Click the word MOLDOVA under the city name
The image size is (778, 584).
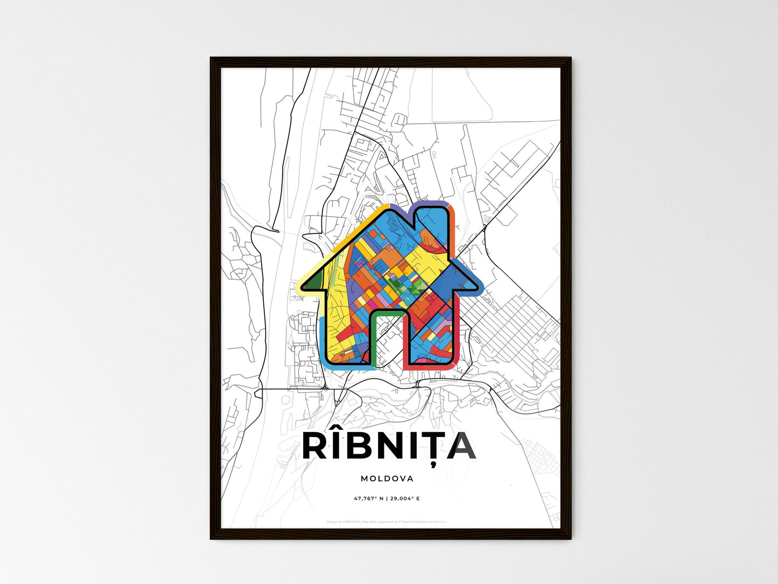coord(387,478)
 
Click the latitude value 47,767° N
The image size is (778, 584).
coord(369,499)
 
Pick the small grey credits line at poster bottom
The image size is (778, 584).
coord(387,522)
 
